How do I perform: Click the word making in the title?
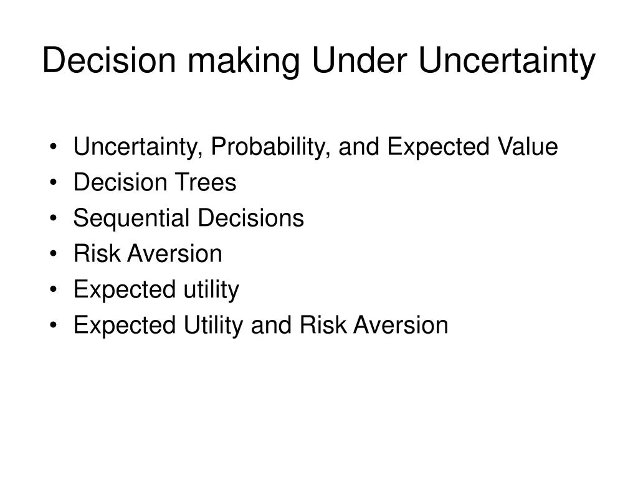pos(244,61)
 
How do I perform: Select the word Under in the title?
pos(359,60)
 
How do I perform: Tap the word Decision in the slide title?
pos(109,60)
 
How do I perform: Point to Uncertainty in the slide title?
pos(507,61)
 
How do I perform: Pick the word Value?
pos(527,146)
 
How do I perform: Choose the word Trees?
pos(206,182)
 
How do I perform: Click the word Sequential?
pos(131,218)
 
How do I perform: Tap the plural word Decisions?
pos(251,218)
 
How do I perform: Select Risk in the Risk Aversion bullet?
pos(97,254)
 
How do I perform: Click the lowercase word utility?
pos(211,290)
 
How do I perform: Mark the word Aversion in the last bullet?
pos(401,325)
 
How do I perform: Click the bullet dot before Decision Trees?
pos(54,183)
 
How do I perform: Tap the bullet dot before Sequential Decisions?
pos(54,218)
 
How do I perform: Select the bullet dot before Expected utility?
pos(54,290)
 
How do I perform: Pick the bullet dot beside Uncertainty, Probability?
pos(54,147)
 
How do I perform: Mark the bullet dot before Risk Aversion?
pos(54,255)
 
